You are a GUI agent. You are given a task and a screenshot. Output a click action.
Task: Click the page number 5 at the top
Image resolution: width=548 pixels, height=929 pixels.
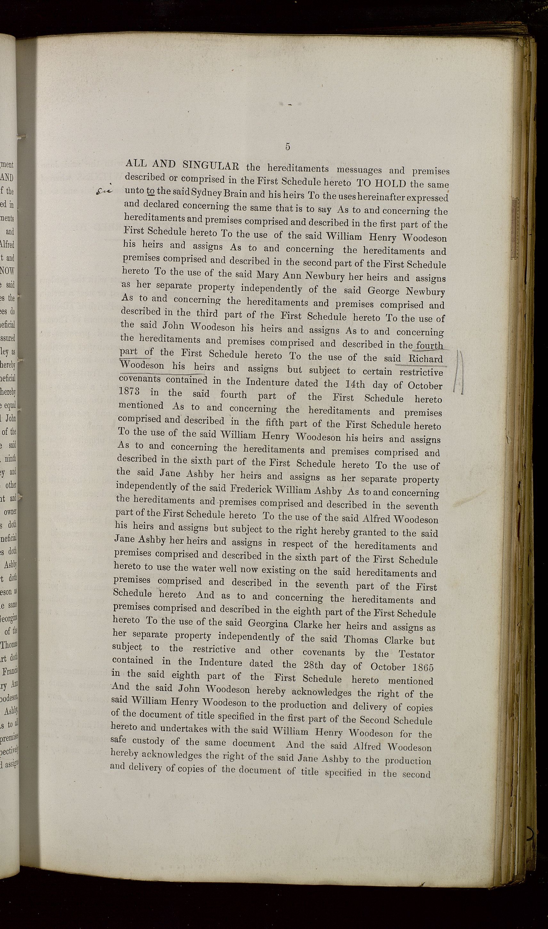(287, 147)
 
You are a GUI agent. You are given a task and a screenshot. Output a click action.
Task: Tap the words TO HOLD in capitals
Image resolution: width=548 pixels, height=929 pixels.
(382, 183)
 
